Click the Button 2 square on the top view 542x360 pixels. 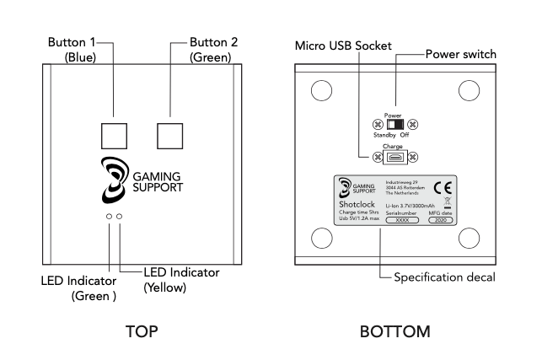[169, 134]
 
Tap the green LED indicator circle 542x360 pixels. [108, 217]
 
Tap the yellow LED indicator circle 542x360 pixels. [120, 217]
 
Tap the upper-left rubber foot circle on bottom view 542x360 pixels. [320, 90]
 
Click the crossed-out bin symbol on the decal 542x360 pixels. [448, 201]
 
